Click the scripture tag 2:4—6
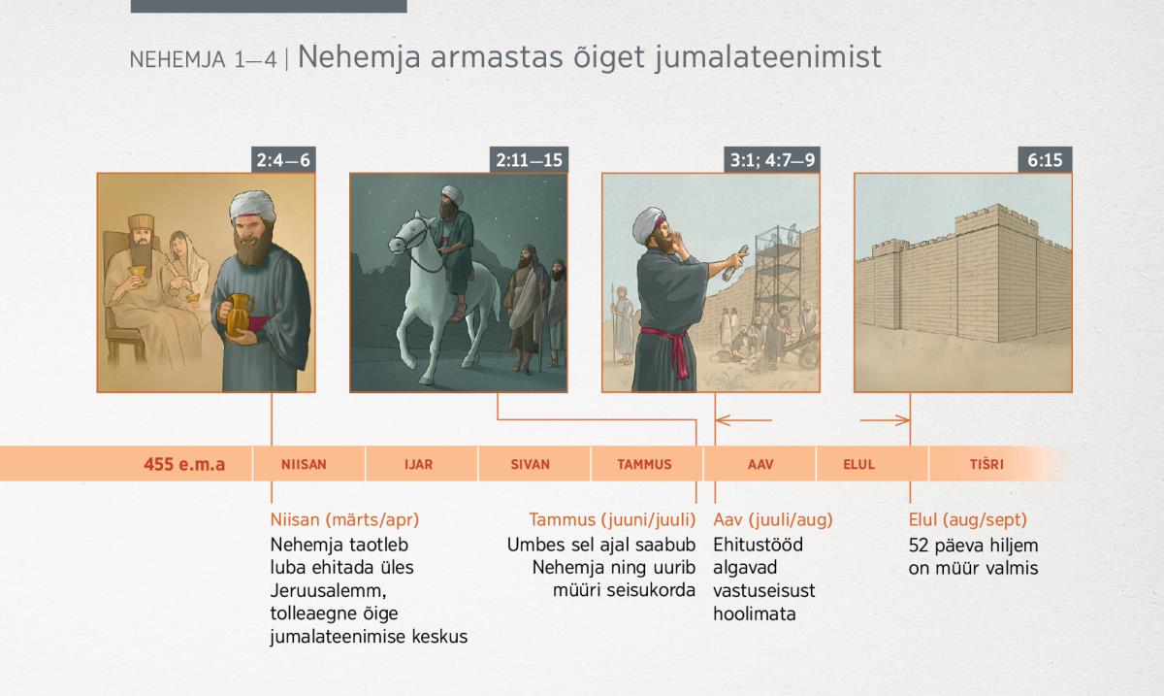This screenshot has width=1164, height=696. pos(283,160)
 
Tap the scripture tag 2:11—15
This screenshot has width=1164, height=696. pos(529,160)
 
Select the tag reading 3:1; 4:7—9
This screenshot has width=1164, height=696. pos(772,160)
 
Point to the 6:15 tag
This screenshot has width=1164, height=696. pos(1045,160)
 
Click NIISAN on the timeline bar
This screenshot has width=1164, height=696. pos(304,464)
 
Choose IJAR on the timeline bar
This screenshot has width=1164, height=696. pos(418,464)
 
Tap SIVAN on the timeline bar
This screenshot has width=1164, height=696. pos(530,464)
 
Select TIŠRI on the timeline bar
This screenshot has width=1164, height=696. pos(986,464)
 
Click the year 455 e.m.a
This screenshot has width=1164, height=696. pos(184,464)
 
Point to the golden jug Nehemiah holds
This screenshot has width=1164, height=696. pos(239,315)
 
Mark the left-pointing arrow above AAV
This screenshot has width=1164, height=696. pos(744,419)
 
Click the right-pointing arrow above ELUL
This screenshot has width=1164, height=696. pos(885,419)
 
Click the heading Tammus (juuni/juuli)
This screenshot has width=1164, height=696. pos(612,519)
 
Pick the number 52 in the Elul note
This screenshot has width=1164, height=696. pos(919,546)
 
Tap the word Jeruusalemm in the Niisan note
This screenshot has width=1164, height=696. pos(328,591)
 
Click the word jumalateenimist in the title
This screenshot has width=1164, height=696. pos(768,57)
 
